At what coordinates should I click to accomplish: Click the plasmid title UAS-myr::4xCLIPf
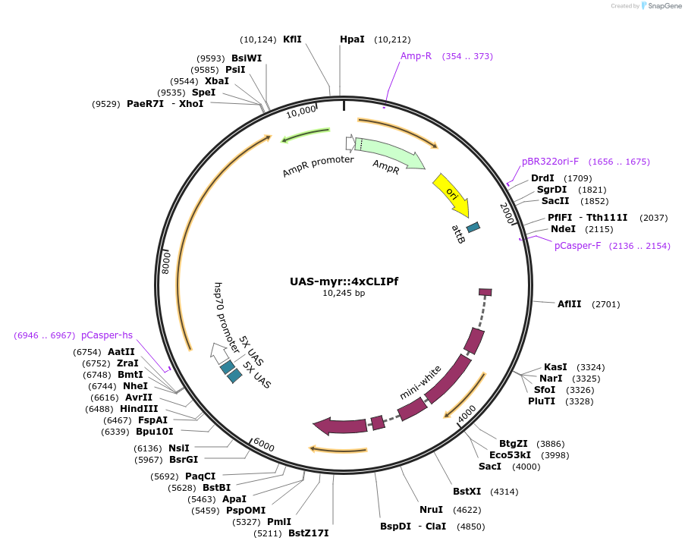(344, 281)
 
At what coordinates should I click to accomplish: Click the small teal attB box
(473, 227)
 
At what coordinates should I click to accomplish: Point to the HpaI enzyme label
(352, 39)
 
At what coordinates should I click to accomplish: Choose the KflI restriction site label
(292, 39)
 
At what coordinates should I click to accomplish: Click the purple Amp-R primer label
(416, 55)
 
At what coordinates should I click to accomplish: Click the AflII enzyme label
(569, 304)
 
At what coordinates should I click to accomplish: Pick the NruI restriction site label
(431, 509)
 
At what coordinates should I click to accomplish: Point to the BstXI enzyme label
(465, 492)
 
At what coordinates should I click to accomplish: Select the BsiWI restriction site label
(247, 58)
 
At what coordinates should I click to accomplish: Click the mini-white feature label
(421, 383)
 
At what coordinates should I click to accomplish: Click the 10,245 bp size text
(344, 293)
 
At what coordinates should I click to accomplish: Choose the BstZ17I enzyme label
(309, 533)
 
